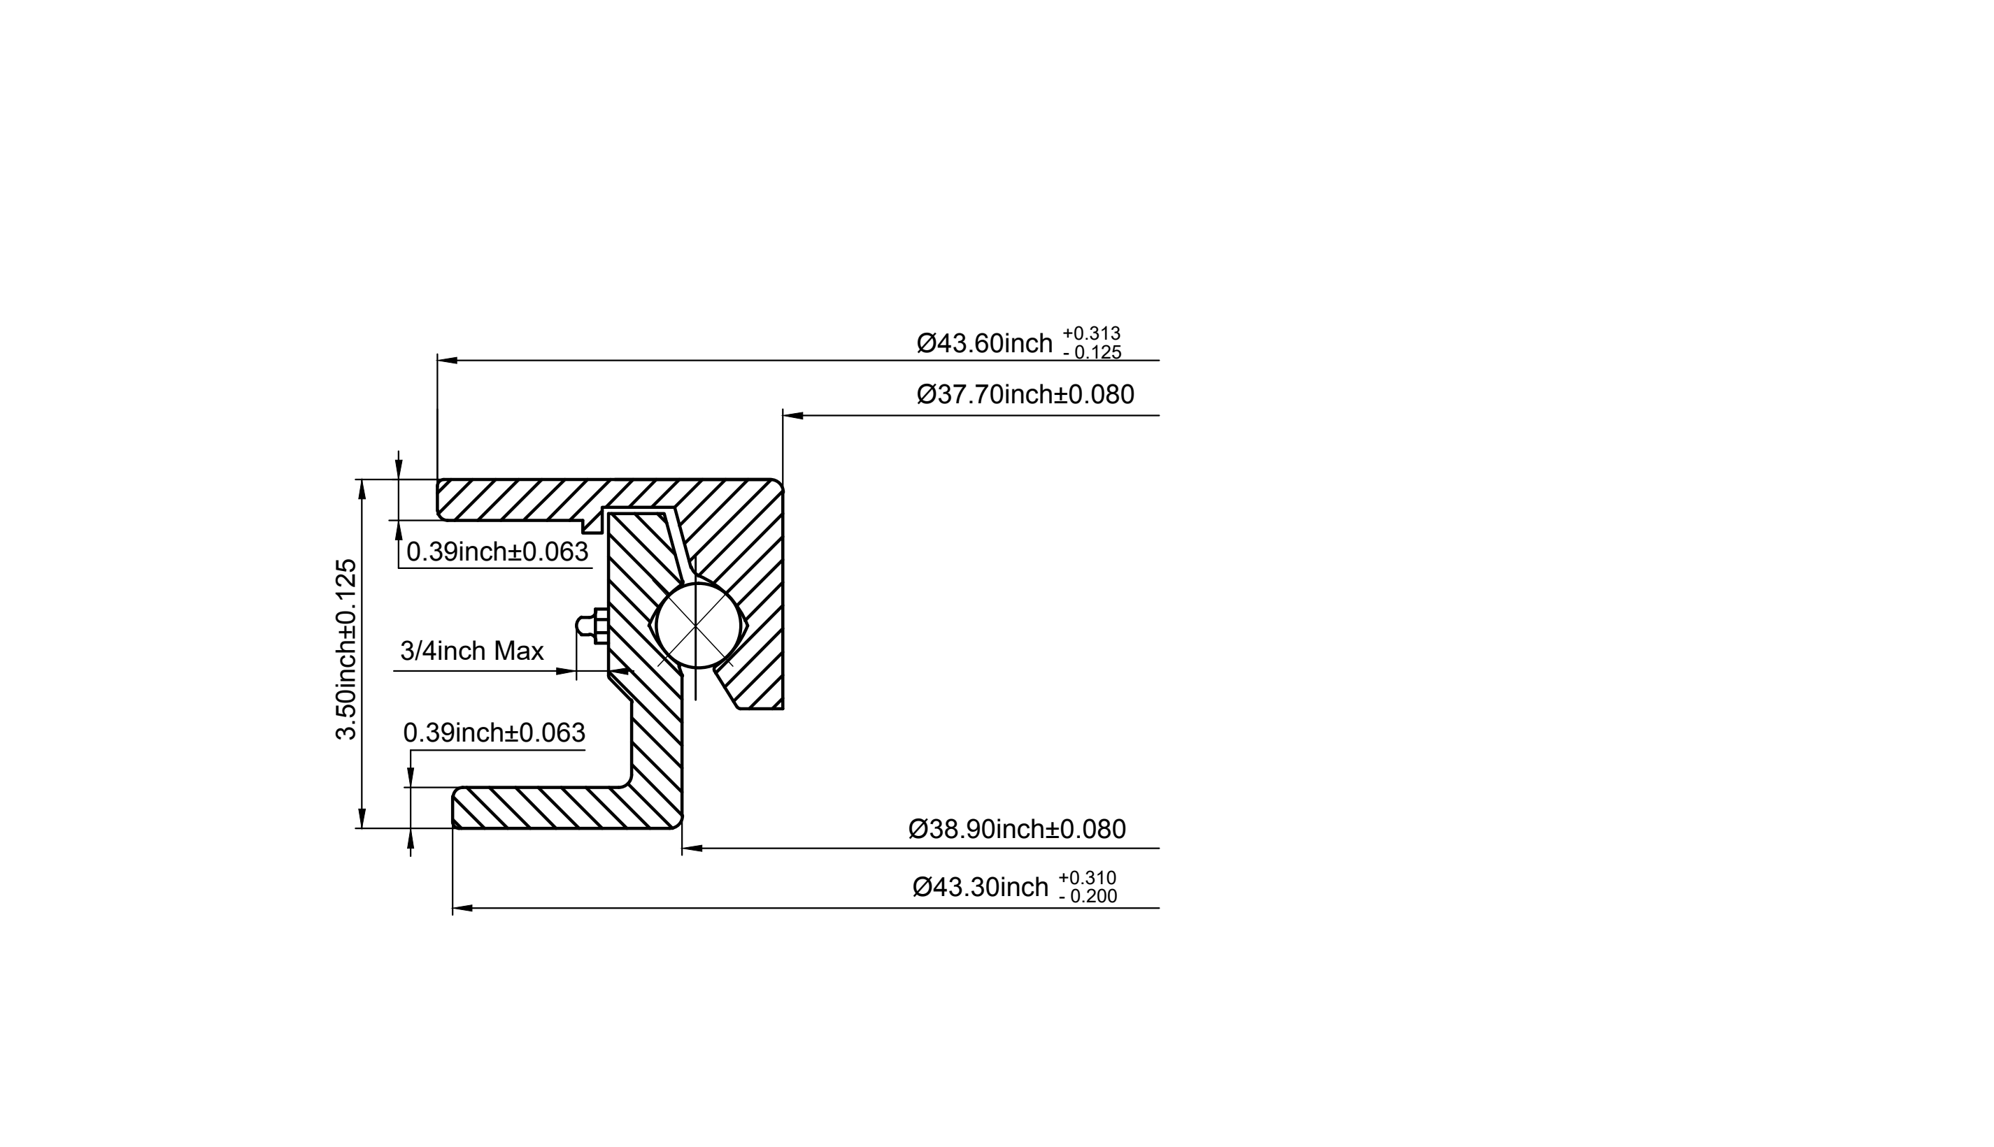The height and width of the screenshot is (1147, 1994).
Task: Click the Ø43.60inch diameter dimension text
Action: point(984,343)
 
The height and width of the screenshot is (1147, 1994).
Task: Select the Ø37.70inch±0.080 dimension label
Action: point(1025,394)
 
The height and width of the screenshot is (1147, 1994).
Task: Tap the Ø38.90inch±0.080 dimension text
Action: point(1017,829)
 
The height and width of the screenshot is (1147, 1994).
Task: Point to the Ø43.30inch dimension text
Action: point(981,887)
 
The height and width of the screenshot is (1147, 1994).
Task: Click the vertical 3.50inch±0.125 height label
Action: point(346,649)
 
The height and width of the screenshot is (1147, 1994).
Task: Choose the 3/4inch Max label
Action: point(472,651)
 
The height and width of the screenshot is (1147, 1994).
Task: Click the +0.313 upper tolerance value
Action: point(1092,333)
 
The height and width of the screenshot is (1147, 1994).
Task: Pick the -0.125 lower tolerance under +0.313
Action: point(1092,352)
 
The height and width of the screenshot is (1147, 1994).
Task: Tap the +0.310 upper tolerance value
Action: point(1088,878)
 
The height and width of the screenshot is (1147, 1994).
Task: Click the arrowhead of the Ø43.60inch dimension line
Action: point(447,360)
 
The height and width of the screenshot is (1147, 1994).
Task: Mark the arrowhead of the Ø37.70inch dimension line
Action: point(793,415)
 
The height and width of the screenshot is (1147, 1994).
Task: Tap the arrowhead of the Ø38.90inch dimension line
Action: point(692,849)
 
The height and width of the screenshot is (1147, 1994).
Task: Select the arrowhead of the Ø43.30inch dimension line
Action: point(462,909)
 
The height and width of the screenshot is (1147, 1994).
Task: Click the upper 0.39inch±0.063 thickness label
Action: point(497,551)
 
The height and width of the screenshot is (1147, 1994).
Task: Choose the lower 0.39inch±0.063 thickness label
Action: point(494,733)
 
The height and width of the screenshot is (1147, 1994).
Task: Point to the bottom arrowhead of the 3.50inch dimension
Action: point(362,818)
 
